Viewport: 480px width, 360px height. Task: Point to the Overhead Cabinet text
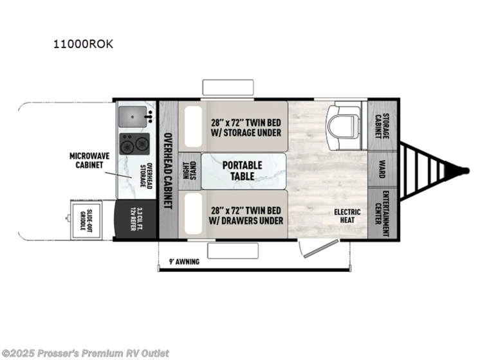168,170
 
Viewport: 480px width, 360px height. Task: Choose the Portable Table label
242,170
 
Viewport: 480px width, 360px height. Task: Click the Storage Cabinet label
383,122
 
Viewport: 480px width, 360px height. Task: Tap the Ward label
383,170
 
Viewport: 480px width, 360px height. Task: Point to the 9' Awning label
183,262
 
